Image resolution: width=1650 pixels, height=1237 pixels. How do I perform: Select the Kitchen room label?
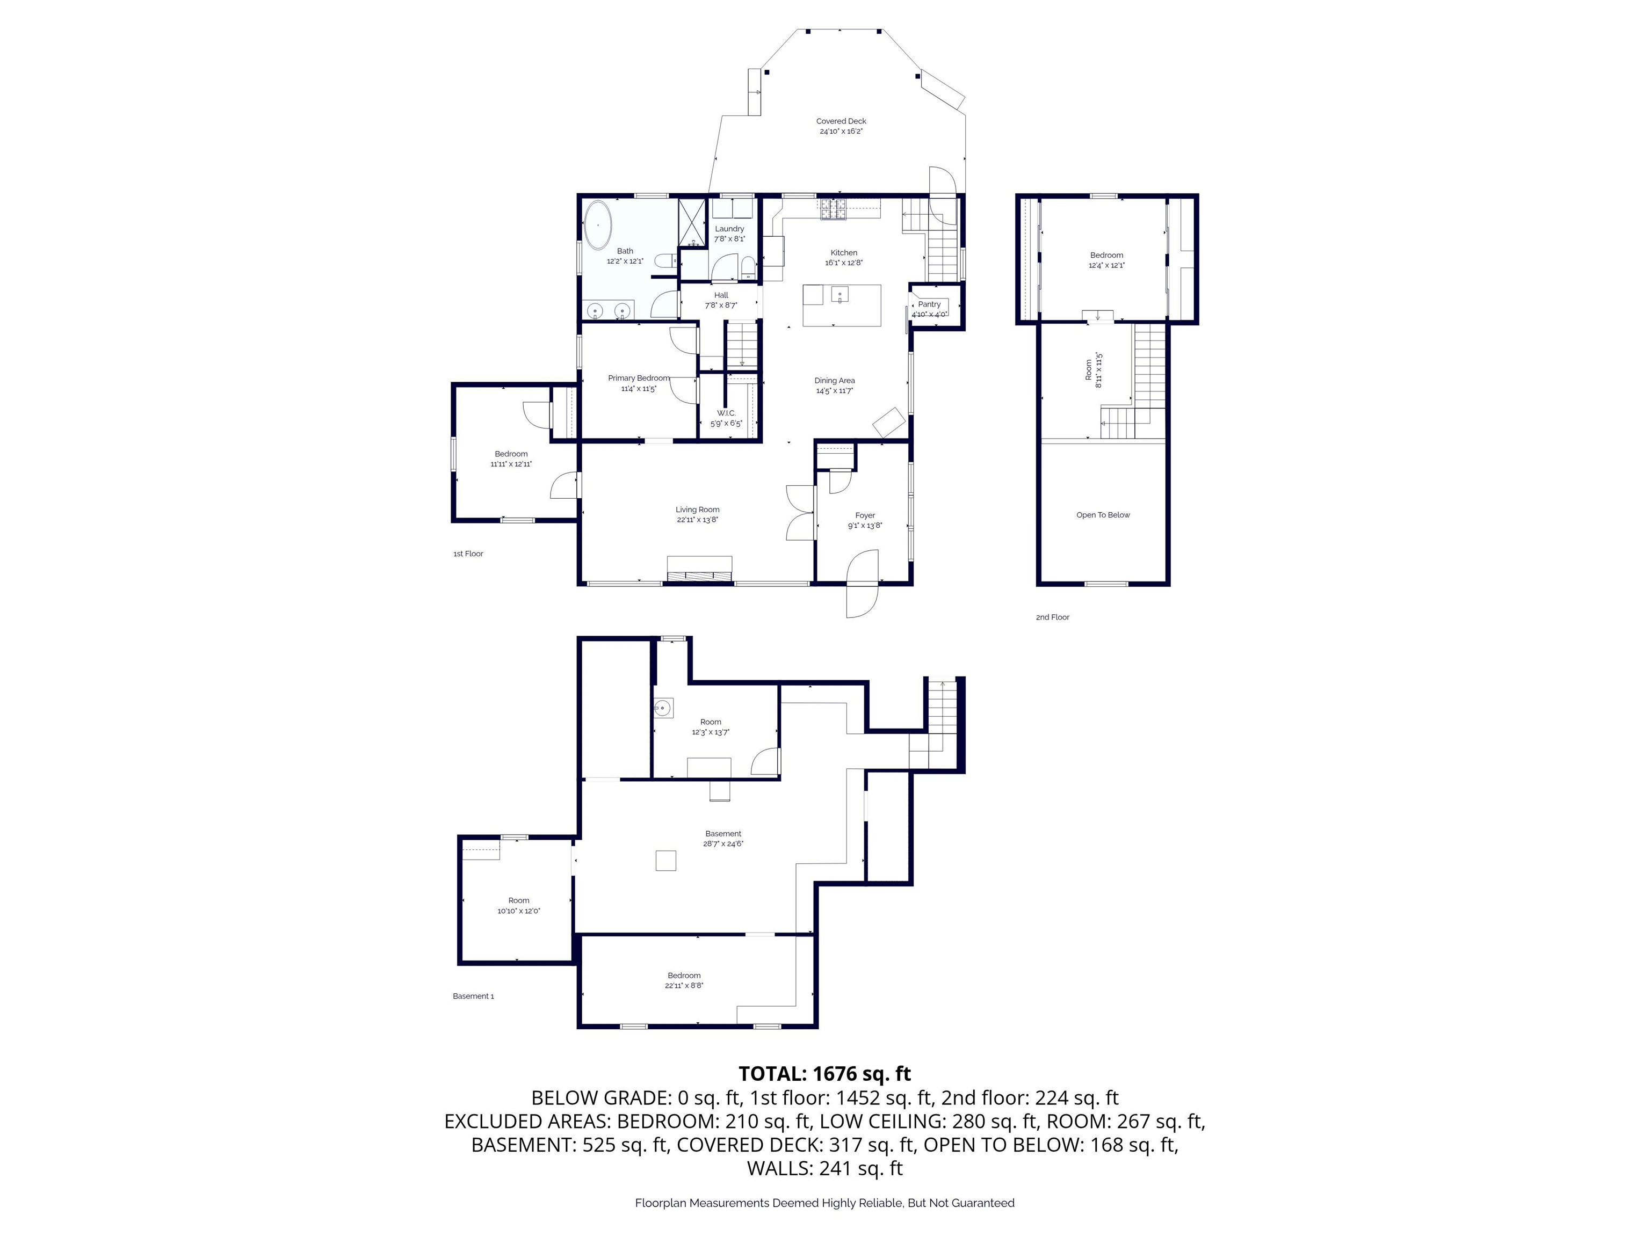tap(844, 253)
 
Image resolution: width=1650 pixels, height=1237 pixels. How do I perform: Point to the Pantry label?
tap(929, 304)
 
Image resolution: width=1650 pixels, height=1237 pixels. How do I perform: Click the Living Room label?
tap(698, 510)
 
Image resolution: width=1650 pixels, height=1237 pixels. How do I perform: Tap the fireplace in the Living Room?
tap(699, 568)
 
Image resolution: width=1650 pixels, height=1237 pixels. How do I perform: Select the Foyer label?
tap(865, 515)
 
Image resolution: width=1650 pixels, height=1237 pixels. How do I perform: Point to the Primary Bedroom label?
tap(639, 378)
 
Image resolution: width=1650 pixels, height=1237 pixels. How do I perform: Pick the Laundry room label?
tap(729, 229)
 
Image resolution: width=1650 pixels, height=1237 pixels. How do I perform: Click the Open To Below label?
tap(1103, 515)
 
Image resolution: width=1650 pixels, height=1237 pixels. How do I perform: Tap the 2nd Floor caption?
tap(1053, 617)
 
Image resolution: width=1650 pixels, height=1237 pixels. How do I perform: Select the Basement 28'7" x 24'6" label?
tap(723, 839)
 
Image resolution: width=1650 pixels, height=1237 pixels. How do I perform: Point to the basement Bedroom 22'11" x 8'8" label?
tap(684, 980)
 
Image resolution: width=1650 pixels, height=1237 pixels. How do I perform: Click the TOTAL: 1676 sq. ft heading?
tap(824, 1074)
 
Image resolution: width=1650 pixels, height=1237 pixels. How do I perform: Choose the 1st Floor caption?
tap(468, 554)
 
